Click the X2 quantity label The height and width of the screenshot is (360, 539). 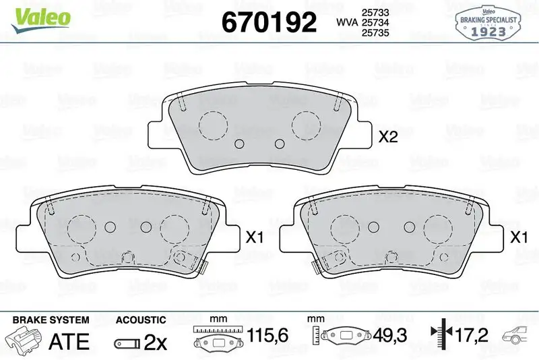point(389,138)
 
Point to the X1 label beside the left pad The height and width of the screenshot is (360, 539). point(254,237)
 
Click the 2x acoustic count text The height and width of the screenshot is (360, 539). point(156,341)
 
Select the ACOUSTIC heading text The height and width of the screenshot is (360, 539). point(140,320)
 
